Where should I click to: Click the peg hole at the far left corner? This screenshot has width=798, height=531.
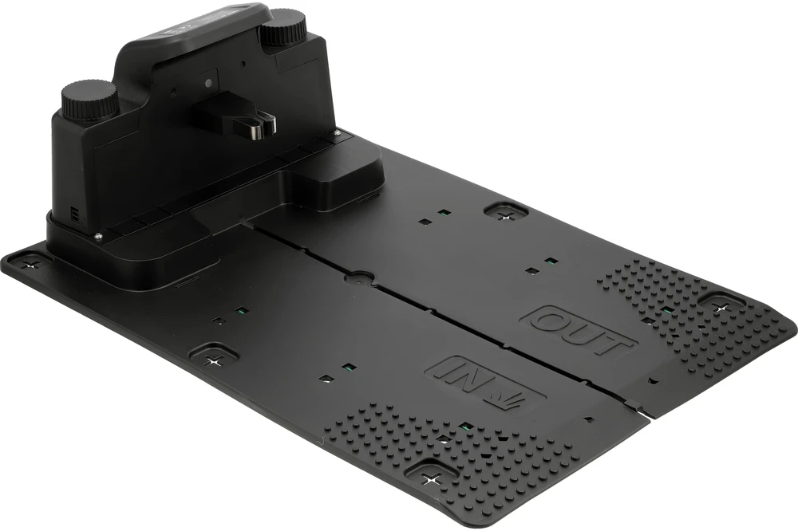(32, 265)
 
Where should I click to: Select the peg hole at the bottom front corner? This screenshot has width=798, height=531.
(433, 477)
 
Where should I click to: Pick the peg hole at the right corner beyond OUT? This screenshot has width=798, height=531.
(720, 308)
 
